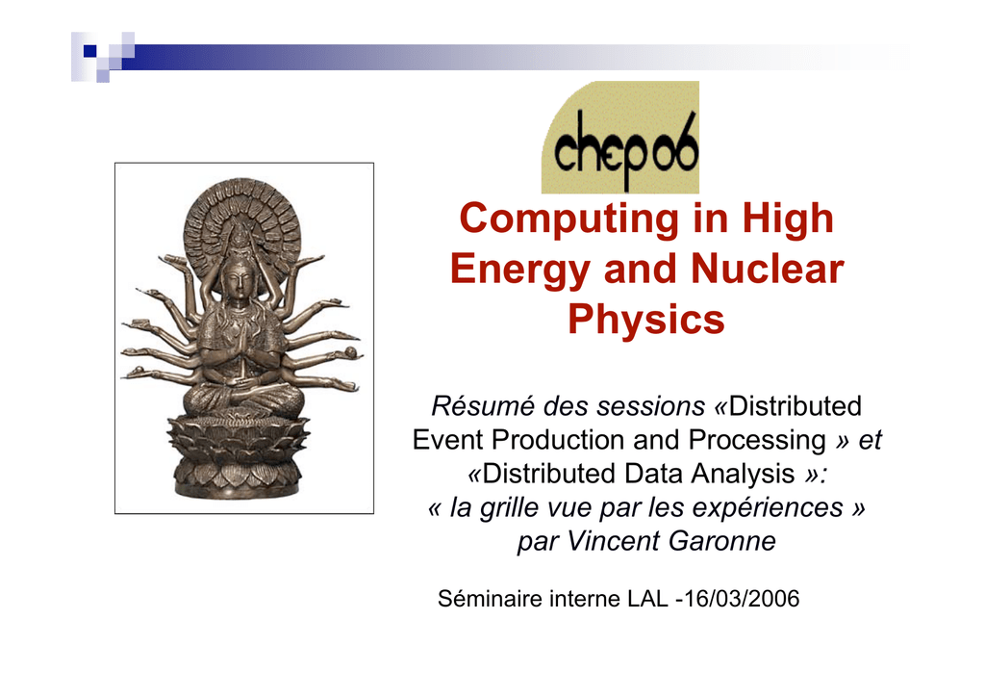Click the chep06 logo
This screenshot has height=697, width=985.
pos(620,137)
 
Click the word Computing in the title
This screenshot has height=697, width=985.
pos(569,219)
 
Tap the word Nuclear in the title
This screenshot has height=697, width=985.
pos(767,269)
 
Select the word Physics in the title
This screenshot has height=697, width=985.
pos(645,320)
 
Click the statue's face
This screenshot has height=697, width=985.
pos(236,278)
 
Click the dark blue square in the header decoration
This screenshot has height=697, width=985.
pos(89,51)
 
